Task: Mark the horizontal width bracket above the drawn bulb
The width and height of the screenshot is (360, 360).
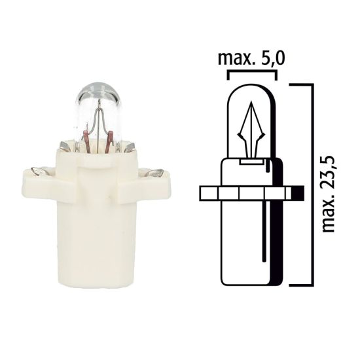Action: pos(251,74)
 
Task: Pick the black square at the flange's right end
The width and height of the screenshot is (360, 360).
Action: pos(297,193)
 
